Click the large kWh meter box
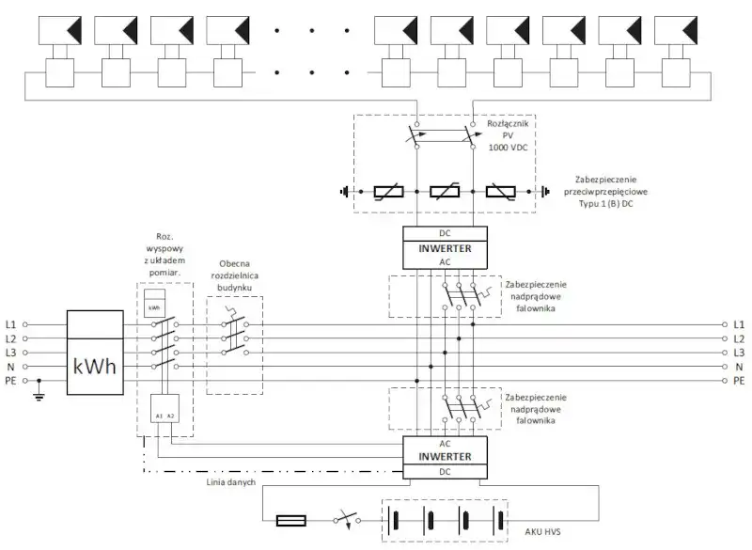pyautogui.click(x=95, y=355)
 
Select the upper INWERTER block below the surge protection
pyautogui.click(x=445, y=247)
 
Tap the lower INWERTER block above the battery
pyautogui.click(x=445, y=456)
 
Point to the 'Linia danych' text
pyautogui.click(x=231, y=482)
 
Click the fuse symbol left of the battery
pyautogui.click(x=290, y=519)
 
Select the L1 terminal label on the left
pyautogui.click(x=11, y=323)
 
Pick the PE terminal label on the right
pyautogui.click(x=739, y=381)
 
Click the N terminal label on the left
pyautogui.click(x=11, y=367)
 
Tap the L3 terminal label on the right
pyautogui.click(x=739, y=353)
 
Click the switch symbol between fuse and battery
pyautogui.click(x=345, y=519)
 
